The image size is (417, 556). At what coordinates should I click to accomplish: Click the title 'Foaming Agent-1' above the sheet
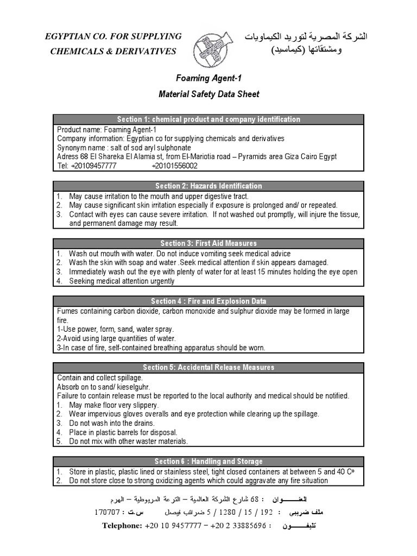(x=208, y=78)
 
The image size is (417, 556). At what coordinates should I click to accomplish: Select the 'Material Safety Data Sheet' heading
(x=208, y=94)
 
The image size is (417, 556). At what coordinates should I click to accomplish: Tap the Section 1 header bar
(x=208, y=119)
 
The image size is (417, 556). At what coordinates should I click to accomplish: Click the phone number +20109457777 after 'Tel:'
(x=93, y=166)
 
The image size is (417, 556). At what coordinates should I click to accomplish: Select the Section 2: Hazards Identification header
(x=208, y=186)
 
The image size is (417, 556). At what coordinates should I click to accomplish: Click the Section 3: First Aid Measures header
(x=208, y=243)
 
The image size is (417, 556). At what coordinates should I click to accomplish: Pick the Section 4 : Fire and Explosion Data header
(x=208, y=301)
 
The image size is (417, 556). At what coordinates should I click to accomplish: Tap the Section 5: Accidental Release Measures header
(x=208, y=368)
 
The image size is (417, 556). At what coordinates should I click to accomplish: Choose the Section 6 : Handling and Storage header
(x=208, y=462)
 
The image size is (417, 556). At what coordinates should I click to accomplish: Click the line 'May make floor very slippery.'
(x=113, y=405)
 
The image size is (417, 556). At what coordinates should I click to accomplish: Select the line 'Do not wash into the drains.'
(x=111, y=423)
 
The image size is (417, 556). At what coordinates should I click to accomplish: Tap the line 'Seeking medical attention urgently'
(x=122, y=281)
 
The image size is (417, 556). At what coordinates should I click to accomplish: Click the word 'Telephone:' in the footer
(x=122, y=526)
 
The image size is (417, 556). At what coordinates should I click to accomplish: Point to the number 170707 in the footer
(x=108, y=512)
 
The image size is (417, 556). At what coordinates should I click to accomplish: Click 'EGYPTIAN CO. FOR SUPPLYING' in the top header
(x=113, y=36)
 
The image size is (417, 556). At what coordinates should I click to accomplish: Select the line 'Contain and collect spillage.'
(x=100, y=377)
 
